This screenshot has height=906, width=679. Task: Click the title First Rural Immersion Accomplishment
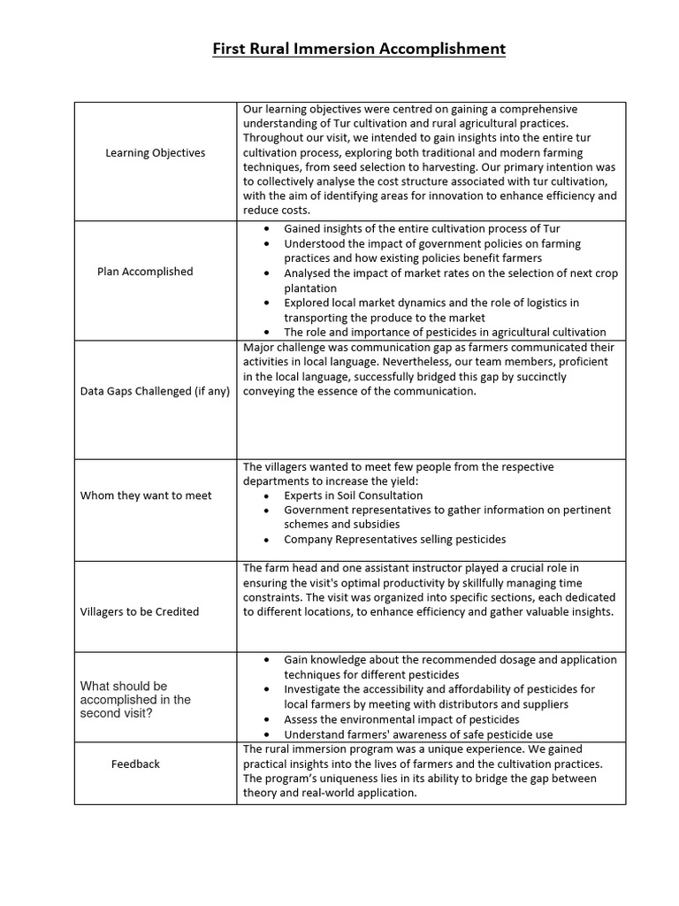point(358,49)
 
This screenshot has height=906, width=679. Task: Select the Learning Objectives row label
point(155,153)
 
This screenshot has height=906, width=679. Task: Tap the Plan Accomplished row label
point(145,272)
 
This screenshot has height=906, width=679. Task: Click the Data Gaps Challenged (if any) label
point(155,391)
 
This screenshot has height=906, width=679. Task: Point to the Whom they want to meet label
point(146,495)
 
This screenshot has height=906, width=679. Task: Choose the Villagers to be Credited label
point(140,611)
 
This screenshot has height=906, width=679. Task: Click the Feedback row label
point(135,764)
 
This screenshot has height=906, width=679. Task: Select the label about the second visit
point(135,699)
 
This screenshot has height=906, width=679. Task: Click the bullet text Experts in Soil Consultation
point(353,495)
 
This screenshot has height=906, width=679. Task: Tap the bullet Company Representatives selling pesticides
point(394,539)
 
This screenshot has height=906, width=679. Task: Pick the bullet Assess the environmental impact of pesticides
point(401,719)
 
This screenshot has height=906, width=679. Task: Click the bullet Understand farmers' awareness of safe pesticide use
point(419,734)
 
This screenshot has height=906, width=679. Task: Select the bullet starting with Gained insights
point(422,229)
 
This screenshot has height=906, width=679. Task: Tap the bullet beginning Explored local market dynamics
point(431,303)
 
